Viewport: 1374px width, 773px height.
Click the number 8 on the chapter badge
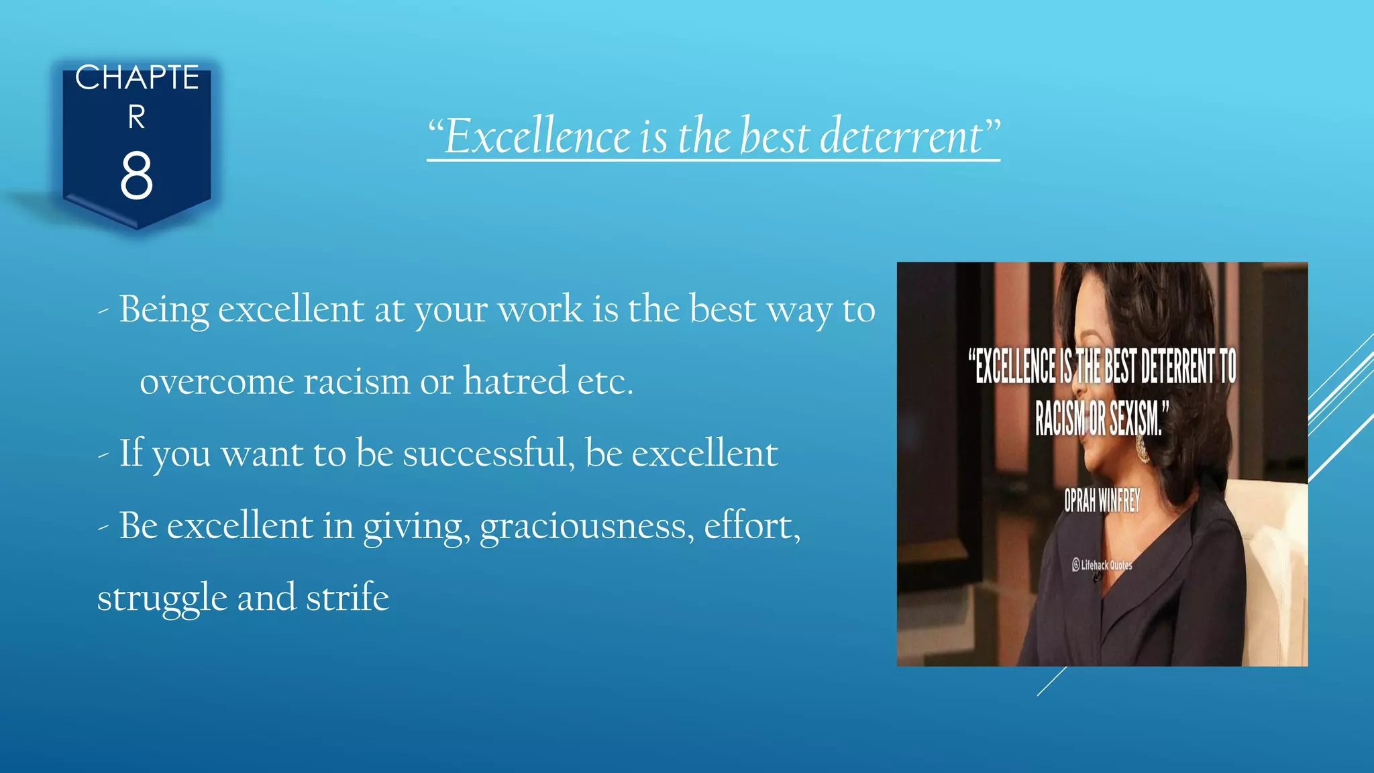tap(136, 176)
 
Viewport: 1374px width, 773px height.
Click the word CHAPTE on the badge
tap(137, 78)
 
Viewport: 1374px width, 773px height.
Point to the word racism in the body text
tap(356, 382)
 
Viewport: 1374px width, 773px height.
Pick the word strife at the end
tap(347, 597)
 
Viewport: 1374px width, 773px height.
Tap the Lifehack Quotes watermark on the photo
tap(1102, 565)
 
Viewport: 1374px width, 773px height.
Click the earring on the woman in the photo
tap(1142, 448)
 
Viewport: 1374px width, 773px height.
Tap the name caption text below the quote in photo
tap(1102, 501)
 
